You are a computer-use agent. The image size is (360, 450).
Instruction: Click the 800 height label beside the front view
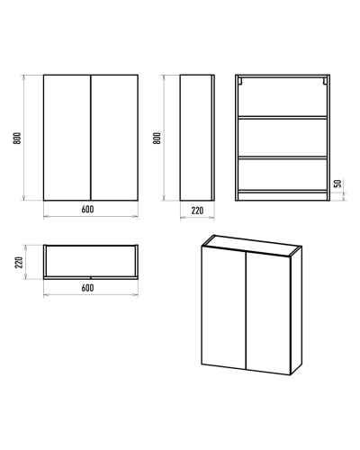[x=17, y=138]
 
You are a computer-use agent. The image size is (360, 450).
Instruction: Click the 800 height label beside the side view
[x=157, y=138]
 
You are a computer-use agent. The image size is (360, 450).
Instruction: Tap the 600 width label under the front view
[x=87, y=209]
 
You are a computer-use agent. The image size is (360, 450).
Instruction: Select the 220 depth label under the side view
[x=197, y=211]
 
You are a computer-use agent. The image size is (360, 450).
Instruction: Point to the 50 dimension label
[x=337, y=184]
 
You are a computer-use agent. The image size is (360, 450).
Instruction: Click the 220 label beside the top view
[x=19, y=263]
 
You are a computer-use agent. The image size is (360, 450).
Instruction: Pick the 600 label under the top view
[x=87, y=288]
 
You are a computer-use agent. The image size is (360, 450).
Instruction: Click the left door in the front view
[x=67, y=138]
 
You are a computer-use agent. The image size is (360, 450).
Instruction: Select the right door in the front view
[x=114, y=138]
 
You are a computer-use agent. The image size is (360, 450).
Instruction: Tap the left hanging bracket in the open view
[x=240, y=81]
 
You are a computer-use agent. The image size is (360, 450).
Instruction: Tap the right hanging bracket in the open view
[x=325, y=81]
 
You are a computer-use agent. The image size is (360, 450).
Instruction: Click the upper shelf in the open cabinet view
[x=283, y=118]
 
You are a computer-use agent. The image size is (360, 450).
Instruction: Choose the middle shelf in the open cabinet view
[x=283, y=157]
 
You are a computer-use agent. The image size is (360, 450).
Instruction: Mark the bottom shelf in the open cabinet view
[x=283, y=191]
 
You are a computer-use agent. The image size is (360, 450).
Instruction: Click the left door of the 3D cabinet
[x=224, y=308]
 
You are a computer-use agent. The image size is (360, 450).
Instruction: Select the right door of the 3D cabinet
[x=268, y=313]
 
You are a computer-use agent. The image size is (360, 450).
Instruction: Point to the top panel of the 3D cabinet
[x=252, y=246]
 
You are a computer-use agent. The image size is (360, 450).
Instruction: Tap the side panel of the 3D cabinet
[x=296, y=310]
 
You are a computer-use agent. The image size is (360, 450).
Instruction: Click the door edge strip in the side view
[x=213, y=138]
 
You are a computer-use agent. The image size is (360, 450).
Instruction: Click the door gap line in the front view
[x=91, y=138]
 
